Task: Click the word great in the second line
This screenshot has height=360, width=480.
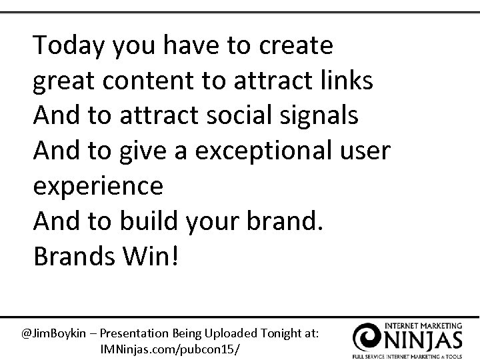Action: pos(64,82)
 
